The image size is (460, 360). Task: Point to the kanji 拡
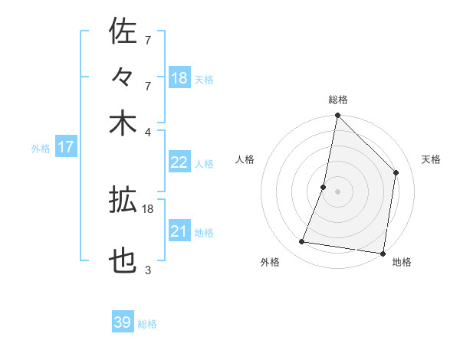123,200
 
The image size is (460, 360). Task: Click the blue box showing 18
179,78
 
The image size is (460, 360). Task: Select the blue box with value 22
179,162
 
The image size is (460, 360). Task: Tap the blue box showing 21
179,231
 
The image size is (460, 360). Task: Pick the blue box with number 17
65,147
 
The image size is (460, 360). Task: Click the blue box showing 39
123,322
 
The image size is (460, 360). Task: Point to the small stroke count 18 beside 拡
148,208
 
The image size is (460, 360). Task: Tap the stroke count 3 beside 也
148,270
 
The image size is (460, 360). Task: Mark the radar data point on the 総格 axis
337,116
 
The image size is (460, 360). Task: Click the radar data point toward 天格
396,172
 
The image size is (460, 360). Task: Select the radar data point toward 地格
383,253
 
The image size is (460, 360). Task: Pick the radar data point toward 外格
302,242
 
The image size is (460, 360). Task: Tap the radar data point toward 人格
324,187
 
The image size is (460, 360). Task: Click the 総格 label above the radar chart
338,100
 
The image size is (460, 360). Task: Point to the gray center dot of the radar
337,191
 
